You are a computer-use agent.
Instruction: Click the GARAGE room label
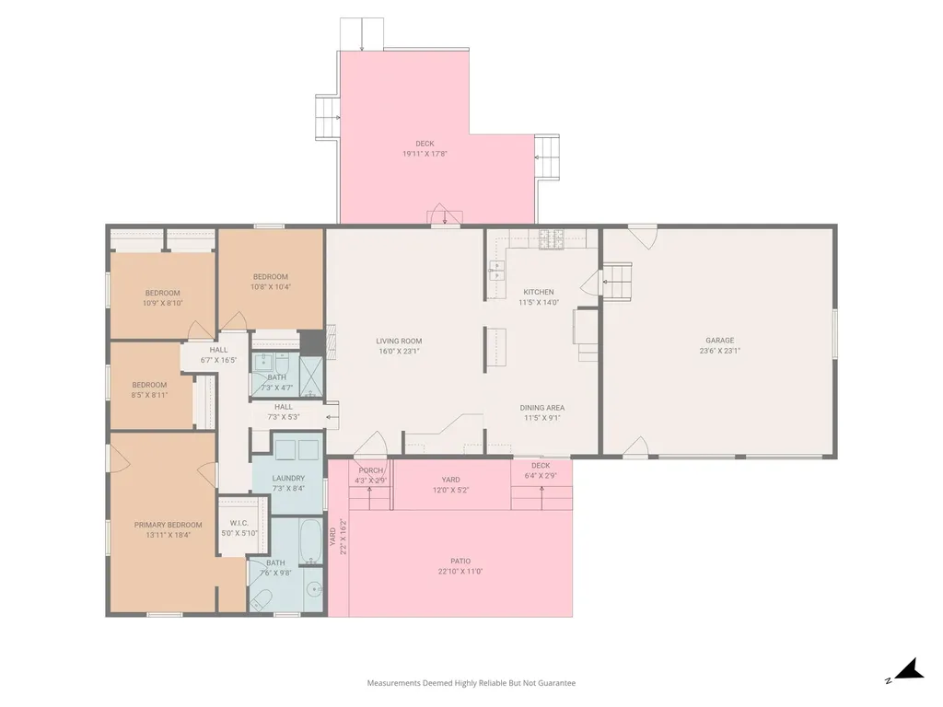pos(719,341)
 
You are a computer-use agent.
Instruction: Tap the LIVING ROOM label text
pos(399,341)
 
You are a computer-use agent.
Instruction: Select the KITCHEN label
pos(538,292)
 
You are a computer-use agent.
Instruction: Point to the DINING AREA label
pos(541,408)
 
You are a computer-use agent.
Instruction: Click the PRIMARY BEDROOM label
pos(168,525)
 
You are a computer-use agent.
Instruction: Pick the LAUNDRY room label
pos(288,479)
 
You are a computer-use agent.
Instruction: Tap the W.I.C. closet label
pos(239,523)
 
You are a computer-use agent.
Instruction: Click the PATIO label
pos(460,562)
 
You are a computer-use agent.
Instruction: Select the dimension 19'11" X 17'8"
pos(425,154)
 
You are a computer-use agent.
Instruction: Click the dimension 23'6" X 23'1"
pos(719,351)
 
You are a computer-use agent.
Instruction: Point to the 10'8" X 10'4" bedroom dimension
pos(271,287)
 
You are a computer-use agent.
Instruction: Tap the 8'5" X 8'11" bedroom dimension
pos(149,395)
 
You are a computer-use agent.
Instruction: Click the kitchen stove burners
pos(551,239)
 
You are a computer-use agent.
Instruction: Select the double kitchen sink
pos(496,272)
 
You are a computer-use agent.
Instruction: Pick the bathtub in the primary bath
pos(310,542)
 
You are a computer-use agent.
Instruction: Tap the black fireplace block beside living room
pos(312,343)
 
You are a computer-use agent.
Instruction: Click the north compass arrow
pos(910,669)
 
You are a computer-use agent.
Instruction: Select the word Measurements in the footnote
pos(394,683)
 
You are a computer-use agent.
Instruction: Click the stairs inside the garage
pos(617,281)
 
